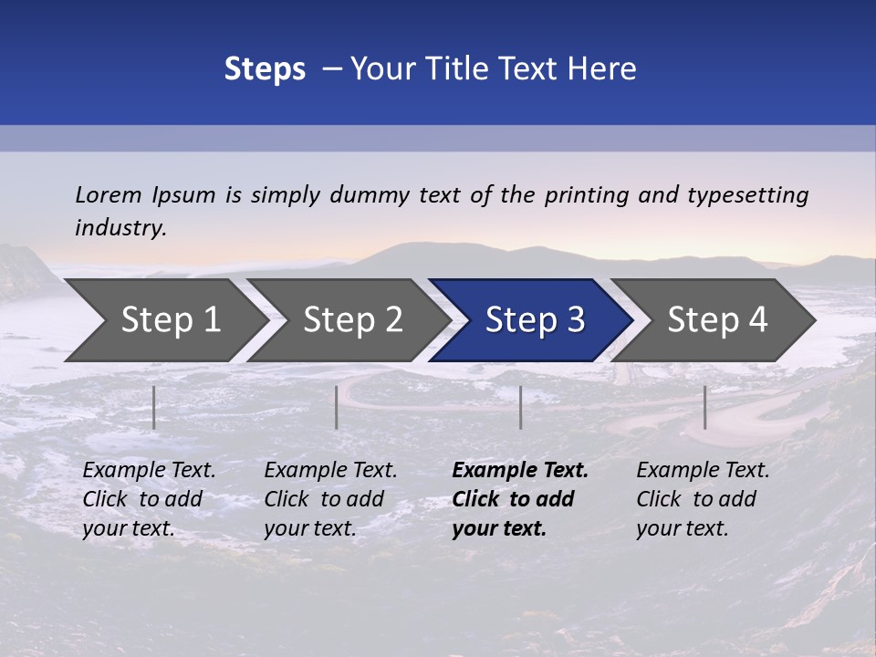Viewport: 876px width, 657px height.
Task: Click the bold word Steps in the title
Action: click(265, 69)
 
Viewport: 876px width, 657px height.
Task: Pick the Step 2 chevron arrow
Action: click(352, 320)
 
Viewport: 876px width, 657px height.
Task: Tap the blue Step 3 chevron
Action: click(535, 320)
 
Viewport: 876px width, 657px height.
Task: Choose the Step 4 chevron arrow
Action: click(717, 320)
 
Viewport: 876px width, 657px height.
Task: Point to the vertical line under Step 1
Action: click(154, 407)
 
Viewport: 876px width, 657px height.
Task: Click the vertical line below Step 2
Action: click(337, 407)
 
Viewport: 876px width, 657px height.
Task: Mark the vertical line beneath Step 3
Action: click(520, 407)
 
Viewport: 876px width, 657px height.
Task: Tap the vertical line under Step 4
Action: click(704, 407)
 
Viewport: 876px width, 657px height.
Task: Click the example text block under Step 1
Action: click(149, 499)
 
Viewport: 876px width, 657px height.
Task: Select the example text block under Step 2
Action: click(330, 499)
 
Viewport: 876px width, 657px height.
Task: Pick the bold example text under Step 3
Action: click(520, 499)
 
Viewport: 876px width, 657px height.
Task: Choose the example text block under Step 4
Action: click(703, 499)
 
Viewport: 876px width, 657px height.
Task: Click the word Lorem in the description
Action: click(108, 195)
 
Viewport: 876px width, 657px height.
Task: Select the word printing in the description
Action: click(586, 195)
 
